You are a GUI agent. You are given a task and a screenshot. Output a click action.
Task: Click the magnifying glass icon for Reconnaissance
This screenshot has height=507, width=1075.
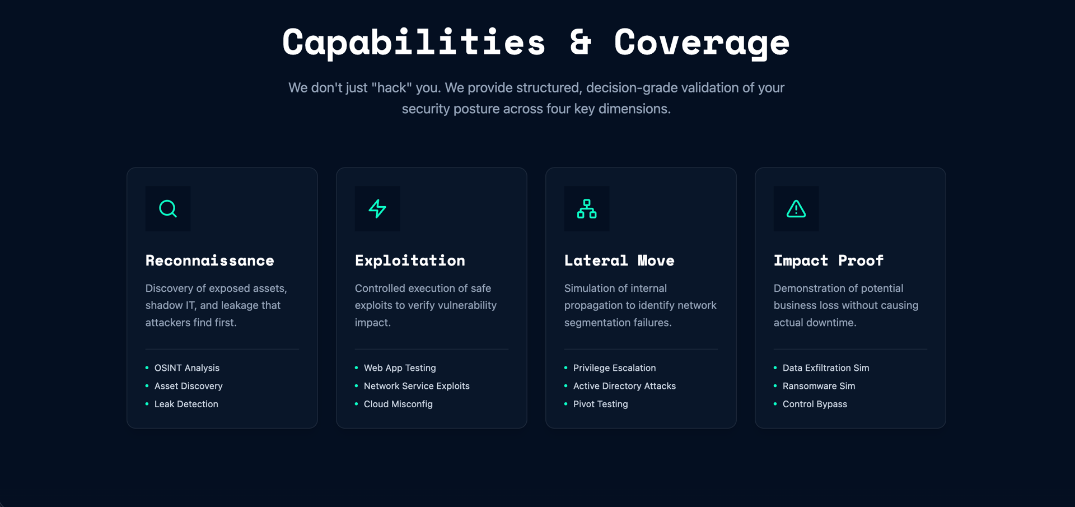168,209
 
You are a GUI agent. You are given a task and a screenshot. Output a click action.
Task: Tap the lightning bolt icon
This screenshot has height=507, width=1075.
377,209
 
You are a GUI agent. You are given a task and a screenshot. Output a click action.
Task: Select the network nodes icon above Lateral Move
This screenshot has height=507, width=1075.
587,209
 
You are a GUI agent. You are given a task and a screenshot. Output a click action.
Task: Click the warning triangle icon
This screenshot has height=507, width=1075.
796,209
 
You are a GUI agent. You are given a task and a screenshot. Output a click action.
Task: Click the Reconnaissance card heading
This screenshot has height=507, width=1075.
209,261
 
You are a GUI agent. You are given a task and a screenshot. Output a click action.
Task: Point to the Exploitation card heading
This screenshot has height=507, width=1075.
410,261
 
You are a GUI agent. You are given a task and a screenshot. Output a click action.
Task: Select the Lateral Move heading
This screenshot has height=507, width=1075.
619,261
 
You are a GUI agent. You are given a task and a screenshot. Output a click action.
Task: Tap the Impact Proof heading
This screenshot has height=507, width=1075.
828,261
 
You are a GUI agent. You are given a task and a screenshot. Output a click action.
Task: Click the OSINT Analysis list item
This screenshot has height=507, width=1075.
186,368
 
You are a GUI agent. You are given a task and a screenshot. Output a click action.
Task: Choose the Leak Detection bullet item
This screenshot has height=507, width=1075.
186,404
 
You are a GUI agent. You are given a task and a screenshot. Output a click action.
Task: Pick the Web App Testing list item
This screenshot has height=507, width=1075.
400,368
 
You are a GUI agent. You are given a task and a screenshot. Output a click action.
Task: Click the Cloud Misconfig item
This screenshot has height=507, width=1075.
398,404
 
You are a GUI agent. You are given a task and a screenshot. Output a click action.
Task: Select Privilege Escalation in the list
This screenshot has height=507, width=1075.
614,368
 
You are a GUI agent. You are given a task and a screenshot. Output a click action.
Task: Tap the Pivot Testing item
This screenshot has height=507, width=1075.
600,404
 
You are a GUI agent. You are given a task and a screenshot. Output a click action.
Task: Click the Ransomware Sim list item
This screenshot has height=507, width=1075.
819,386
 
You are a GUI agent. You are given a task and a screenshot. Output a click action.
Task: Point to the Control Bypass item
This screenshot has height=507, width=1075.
815,404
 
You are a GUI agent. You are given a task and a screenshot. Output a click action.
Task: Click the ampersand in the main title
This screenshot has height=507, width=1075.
581,43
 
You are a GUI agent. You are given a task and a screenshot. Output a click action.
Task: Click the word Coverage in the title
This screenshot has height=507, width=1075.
702,43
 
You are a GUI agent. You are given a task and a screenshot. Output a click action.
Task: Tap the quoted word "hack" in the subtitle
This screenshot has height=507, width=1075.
392,88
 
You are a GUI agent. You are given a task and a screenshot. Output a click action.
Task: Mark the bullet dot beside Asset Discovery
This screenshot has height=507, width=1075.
147,386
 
